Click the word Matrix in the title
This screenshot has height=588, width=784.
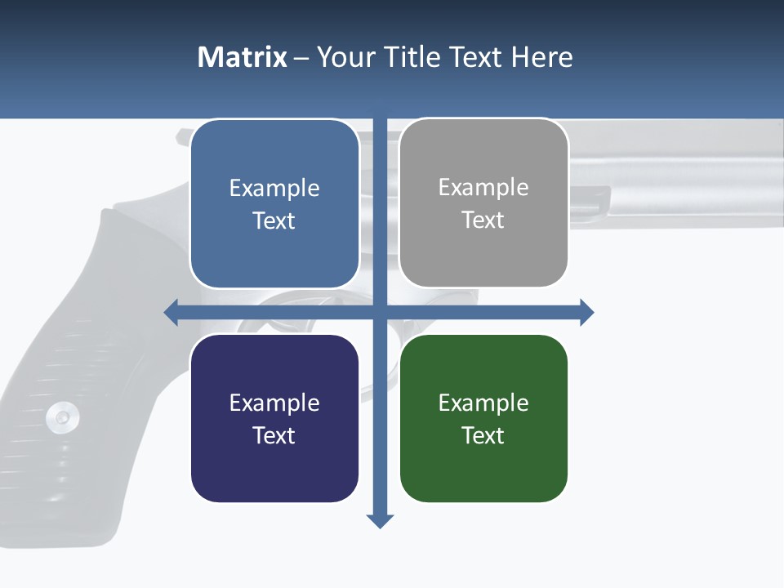point(243,57)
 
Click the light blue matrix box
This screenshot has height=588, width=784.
point(274,204)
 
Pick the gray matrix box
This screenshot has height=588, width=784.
point(483,203)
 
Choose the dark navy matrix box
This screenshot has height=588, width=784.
point(274,418)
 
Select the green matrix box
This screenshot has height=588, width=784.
point(483,418)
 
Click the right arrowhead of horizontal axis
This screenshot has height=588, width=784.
point(586,312)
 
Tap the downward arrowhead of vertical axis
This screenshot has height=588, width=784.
point(380,521)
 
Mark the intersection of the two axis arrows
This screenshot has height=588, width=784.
point(380,312)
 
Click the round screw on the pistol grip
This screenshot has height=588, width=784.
point(62,417)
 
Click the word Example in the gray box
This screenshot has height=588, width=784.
point(483,188)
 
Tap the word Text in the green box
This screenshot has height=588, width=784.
point(483,435)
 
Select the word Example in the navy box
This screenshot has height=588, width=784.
point(274,403)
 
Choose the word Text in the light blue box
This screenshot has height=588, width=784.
point(274,220)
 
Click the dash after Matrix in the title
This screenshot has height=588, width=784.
point(301,58)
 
